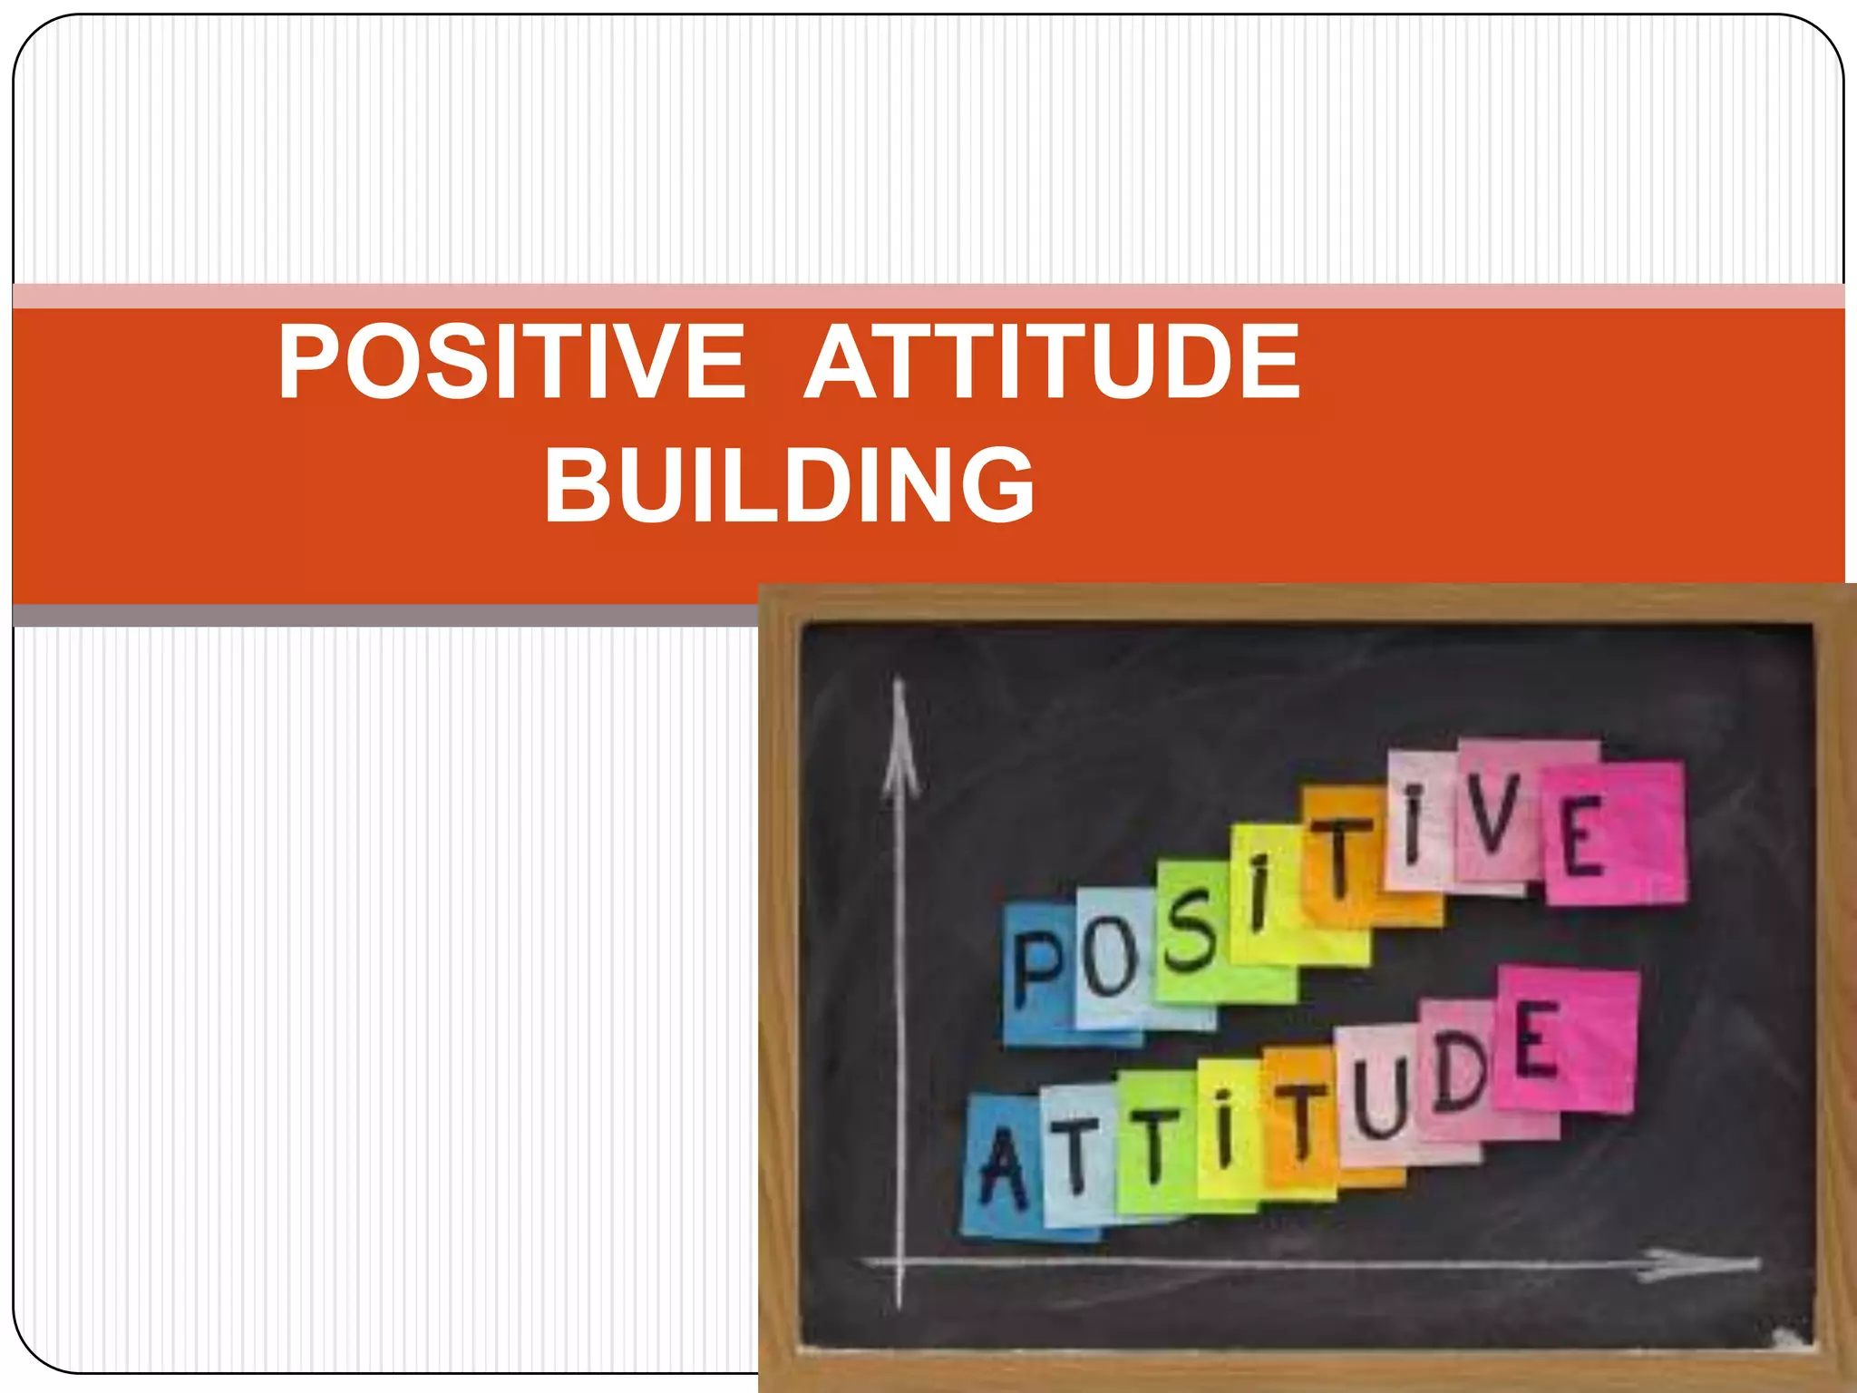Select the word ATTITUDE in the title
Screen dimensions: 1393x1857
(1053, 362)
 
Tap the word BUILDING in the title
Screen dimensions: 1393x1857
(789, 484)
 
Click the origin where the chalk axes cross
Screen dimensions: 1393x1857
(899, 1261)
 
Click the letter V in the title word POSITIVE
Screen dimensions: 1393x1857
(646, 362)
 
